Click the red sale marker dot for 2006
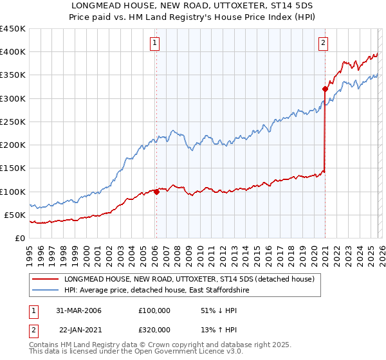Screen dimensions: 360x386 pyautogui.click(x=156, y=192)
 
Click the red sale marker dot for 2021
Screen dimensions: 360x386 pyautogui.click(x=325, y=89)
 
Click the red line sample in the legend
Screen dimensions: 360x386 pyautogui.click(x=44, y=280)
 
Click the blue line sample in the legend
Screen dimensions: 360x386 pyautogui.click(x=44, y=291)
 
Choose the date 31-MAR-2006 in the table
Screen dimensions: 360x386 pyautogui.click(x=78, y=310)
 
